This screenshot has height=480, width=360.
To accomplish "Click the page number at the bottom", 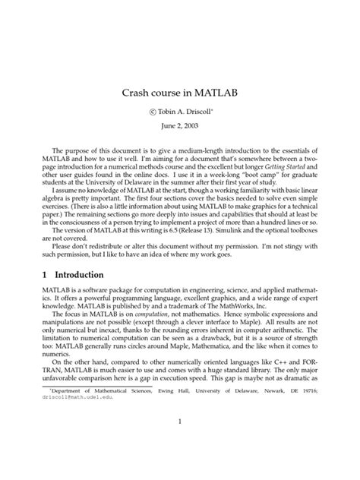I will click(x=180, y=422).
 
